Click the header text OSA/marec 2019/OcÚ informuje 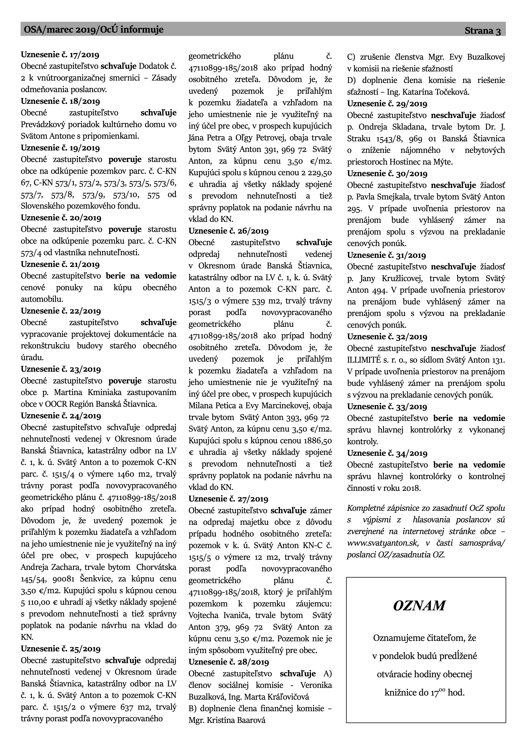[x=94, y=30]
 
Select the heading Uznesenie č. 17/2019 [x=60, y=54]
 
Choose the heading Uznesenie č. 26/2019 [x=229, y=231]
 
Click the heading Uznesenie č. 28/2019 [x=229, y=653]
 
